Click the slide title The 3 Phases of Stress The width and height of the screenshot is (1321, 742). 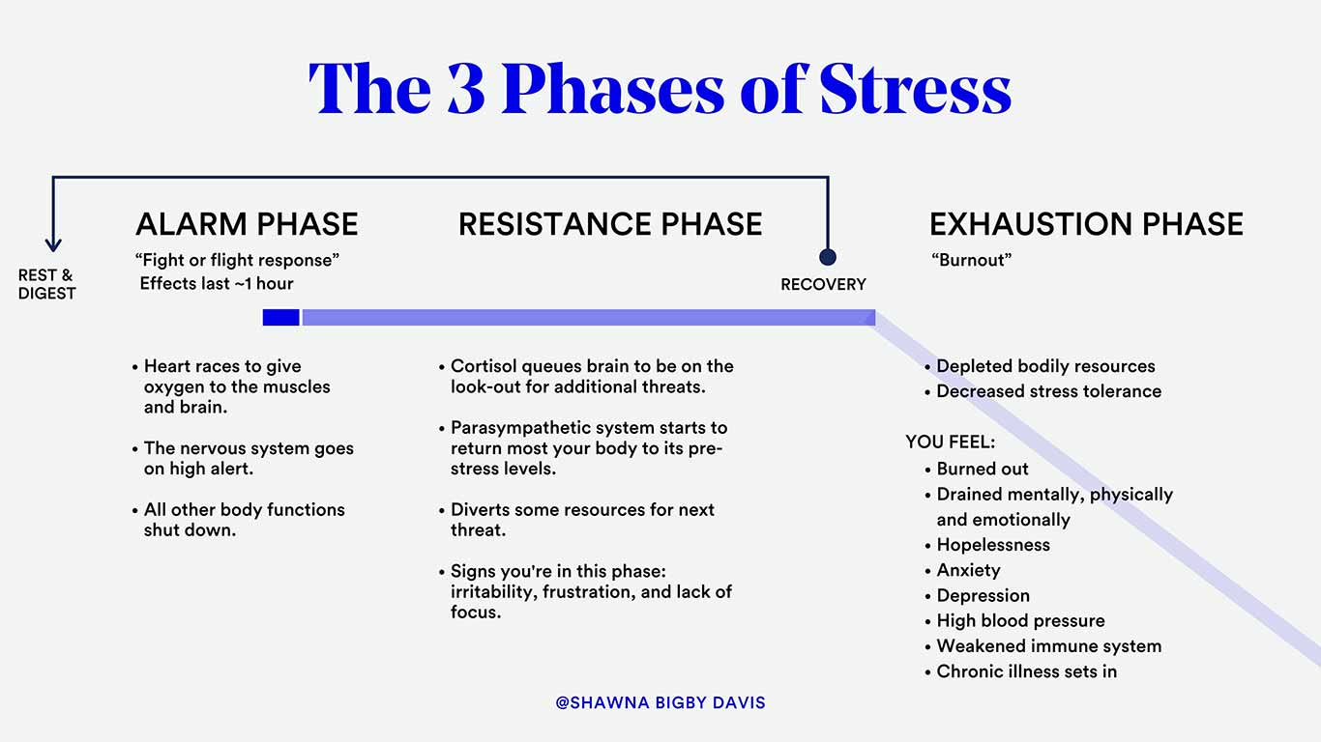tap(660, 89)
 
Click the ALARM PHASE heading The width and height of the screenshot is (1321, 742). tap(247, 224)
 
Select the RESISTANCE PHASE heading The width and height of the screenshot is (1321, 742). tap(610, 224)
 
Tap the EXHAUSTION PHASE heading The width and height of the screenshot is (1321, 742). tap(1086, 224)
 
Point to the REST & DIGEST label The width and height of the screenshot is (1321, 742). tap(46, 285)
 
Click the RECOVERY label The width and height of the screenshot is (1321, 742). tap(823, 285)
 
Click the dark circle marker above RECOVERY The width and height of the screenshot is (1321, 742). tap(828, 257)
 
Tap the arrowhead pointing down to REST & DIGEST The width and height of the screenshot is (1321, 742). tap(53, 245)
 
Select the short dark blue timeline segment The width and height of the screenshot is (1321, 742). tap(280, 317)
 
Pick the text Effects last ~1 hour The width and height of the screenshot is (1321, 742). tap(217, 284)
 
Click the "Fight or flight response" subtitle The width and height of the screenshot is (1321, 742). tap(237, 260)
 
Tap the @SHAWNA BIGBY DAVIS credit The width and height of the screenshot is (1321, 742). tap(660, 702)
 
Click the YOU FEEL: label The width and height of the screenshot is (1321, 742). tap(950, 442)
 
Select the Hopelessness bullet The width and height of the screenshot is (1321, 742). tap(993, 545)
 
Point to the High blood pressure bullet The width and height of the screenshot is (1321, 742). tap(1020, 620)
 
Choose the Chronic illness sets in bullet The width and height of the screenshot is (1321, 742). tap(1026, 671)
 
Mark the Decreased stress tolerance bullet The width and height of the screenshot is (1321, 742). tap(1048, 391)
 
